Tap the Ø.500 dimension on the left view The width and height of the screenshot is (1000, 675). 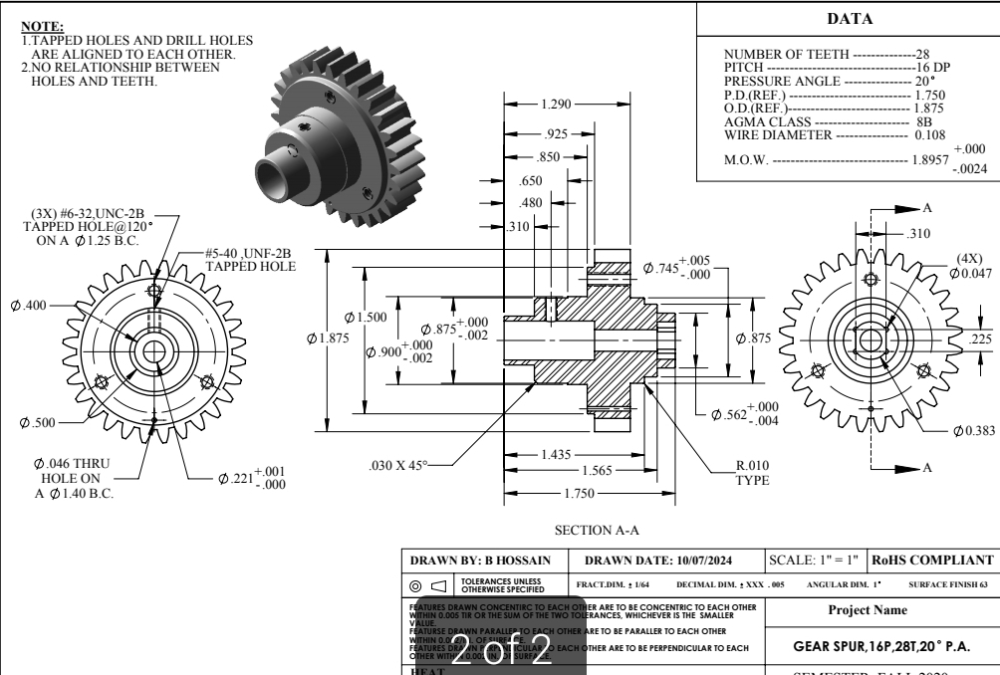click(x=38, y=423)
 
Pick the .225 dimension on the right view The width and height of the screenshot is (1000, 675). click(x=980, y=337)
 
